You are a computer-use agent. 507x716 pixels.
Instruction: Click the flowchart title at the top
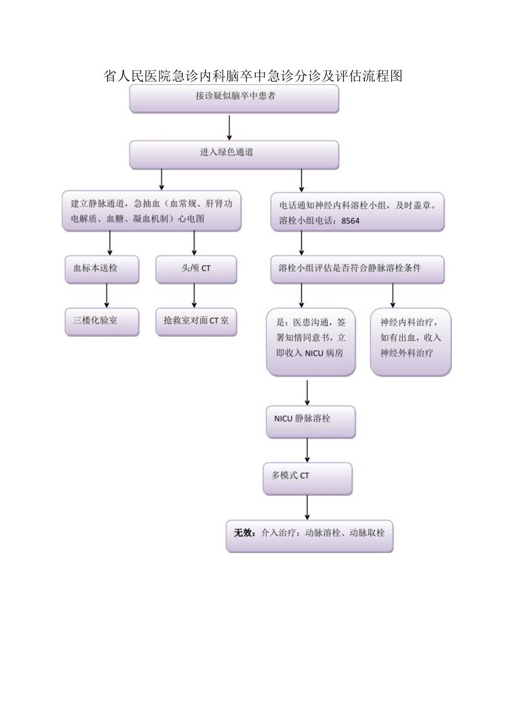point(253,76)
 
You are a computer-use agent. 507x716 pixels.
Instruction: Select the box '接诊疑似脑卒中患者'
point(234,98)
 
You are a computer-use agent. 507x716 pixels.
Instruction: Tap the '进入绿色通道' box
point(234,154)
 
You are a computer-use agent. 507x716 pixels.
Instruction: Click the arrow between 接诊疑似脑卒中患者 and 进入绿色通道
point(229,127)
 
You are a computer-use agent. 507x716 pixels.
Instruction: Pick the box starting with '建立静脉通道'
point(152,211)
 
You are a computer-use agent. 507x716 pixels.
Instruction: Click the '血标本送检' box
point(102,269)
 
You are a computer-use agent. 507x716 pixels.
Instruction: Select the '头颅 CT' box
point(196,269)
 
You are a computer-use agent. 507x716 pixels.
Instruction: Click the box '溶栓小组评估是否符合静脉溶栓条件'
point(357,269)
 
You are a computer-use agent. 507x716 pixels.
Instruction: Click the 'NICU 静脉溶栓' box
point(311,422)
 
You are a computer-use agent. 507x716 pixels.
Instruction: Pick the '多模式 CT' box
point(307,478)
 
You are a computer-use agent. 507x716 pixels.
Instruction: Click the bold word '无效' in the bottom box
point(244,533)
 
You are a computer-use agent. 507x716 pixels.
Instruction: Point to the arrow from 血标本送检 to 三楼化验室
point(106,296)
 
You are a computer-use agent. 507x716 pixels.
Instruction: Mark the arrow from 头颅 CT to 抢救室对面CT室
point(194,296)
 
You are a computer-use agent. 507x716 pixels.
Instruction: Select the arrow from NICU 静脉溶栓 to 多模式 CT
point(307,450)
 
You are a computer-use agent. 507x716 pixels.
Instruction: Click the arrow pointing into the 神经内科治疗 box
point(393,296)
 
